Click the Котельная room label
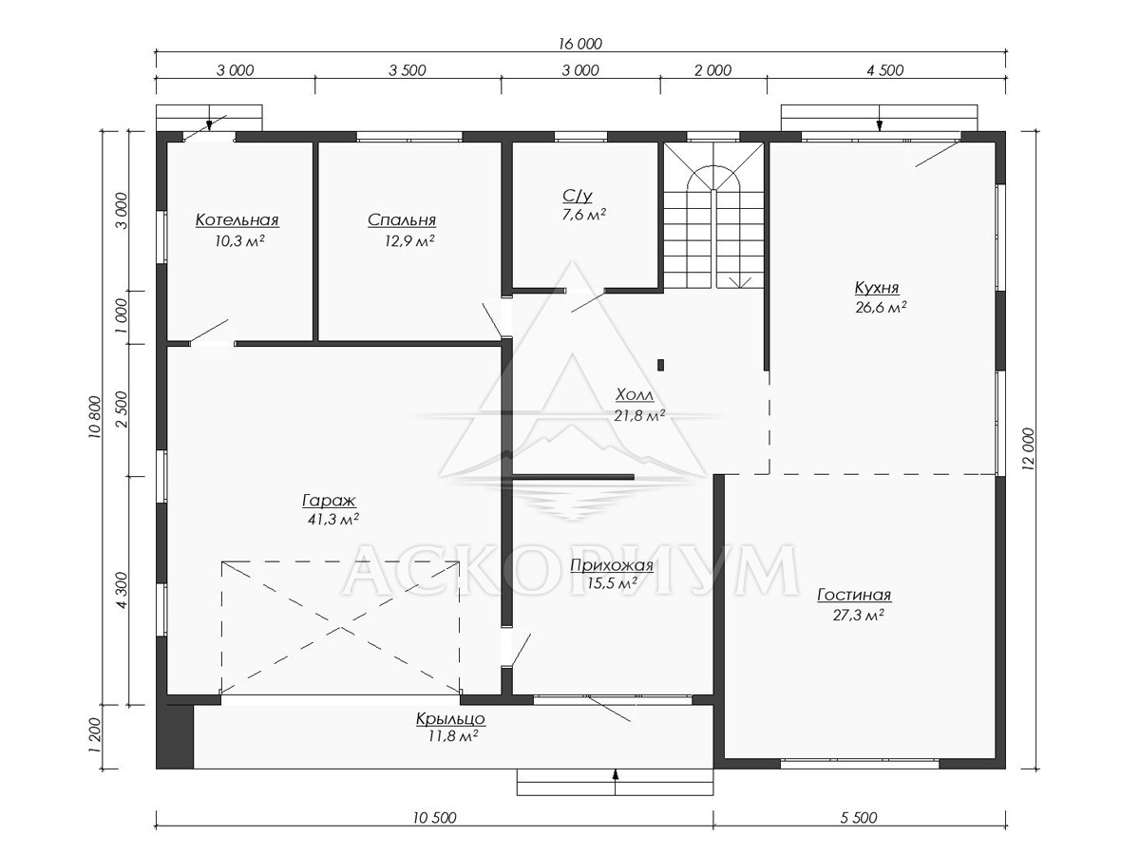[x=237, y=220]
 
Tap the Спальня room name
[x=402, y=220]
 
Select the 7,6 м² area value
[x=583, y=215]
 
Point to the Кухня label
[x=877, y=287]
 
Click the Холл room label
[x=635, y=395]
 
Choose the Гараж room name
[x=330, y=501]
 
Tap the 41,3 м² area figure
[x=333, y=520]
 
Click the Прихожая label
[x=612, y=565]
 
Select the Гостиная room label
[x=854, y=595]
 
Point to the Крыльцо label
[x=450, y=719]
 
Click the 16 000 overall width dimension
[x=580, y=44]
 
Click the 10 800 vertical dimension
[x=94, y=417]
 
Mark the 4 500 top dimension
[x=885, y=70]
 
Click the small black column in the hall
[x=660, y=365]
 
